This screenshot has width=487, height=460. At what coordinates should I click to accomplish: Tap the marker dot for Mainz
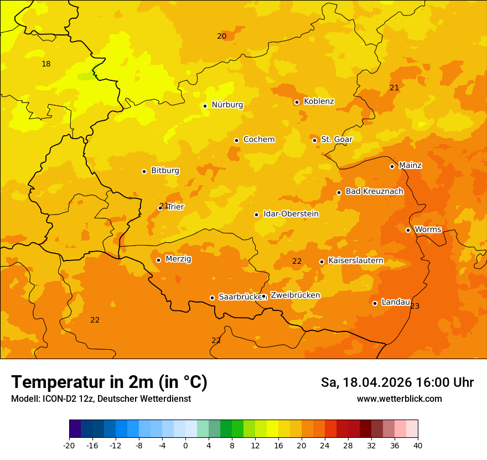point(392,166)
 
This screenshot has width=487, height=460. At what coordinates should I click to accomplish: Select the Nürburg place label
point(227,105)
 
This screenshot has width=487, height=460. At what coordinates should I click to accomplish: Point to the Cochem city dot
point(236,140)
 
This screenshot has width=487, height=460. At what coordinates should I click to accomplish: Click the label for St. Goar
point(336,139)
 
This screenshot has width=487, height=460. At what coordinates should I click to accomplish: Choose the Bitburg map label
point(165,171)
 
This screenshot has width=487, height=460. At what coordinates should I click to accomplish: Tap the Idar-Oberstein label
point(291,214)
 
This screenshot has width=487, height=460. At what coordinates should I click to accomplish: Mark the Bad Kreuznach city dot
point(339,193)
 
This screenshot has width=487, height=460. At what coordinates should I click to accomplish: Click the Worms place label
point(427,229)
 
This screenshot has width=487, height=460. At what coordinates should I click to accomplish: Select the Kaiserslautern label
point(356,260)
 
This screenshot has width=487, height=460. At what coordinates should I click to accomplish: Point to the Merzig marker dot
point(158,260)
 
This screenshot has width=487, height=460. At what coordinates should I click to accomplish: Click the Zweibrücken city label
point(295,295)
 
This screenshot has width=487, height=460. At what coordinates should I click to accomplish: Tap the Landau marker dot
point(375,303)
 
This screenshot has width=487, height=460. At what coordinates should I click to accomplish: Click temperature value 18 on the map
point(46,64)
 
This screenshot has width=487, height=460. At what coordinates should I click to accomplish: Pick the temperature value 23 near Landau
point(415,306)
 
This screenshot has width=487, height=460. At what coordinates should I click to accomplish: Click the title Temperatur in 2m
point(109,382)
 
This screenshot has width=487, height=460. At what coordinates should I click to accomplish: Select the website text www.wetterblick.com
point(399,399)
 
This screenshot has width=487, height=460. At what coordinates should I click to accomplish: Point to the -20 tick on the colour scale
point(69,446)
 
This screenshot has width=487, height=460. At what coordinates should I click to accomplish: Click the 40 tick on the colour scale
point(418,446)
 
